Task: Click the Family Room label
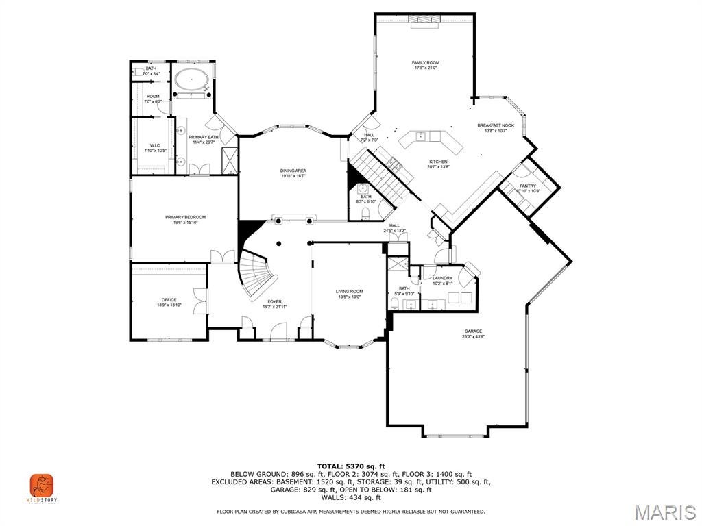click(425, 65)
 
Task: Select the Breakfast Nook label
click(496, 127)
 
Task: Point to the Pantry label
click(528, 188)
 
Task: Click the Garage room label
click(473, 334)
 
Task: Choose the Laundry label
click(442, 280)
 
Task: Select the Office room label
click(169, 302)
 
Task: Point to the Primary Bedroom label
click(185, 219)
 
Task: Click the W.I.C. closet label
click(155, 147)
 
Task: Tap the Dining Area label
click(293, 173)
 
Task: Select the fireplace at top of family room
click(425, 19)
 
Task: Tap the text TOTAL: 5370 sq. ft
click(350, 466)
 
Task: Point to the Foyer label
click(274, 303)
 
